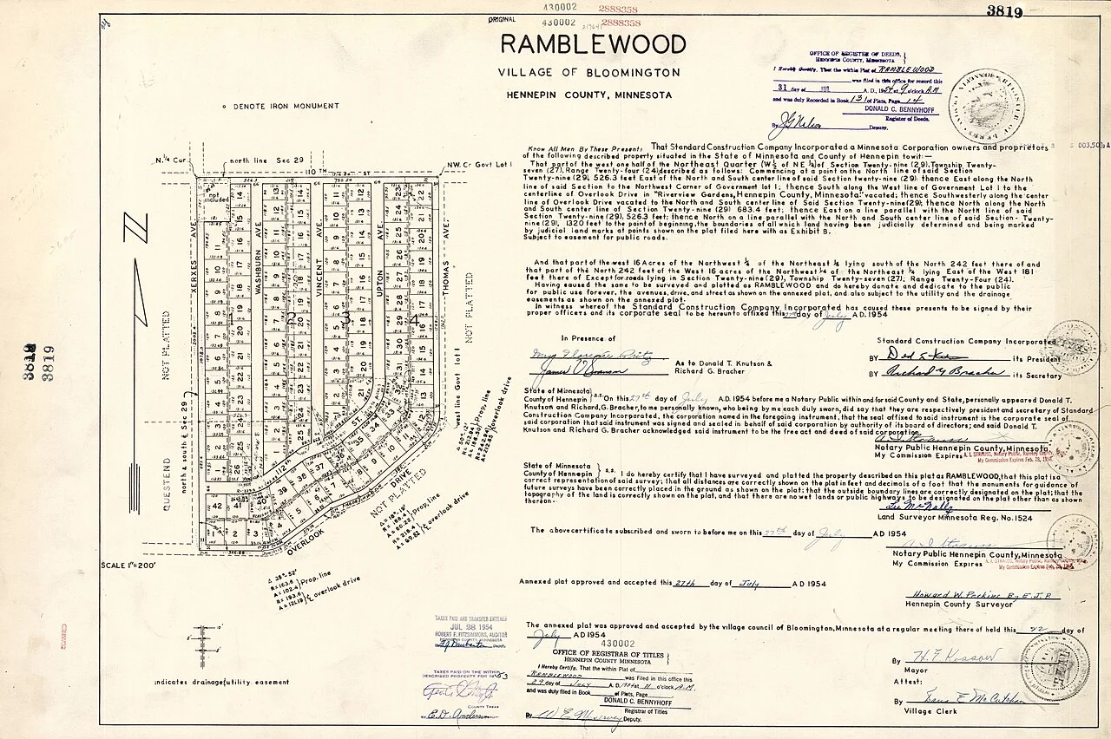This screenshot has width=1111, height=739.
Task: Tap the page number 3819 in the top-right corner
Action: pyautogui.click(x=1004, y=11)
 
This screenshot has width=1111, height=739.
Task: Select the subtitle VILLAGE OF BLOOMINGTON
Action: pyautogui.click(x=588, y=73)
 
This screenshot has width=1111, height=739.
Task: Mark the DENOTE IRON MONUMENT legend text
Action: pyautogui.click(x=281, y=106)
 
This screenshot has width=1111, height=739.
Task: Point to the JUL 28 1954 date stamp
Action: pyautogui.click(x=470, y=625)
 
